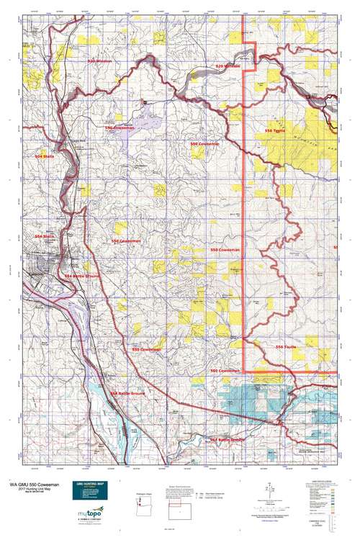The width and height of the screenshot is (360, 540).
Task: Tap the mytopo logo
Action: (90, 513)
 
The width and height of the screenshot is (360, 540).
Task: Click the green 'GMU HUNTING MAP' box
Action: (90, 487)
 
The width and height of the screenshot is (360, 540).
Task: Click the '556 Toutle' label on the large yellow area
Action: (275, 131)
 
